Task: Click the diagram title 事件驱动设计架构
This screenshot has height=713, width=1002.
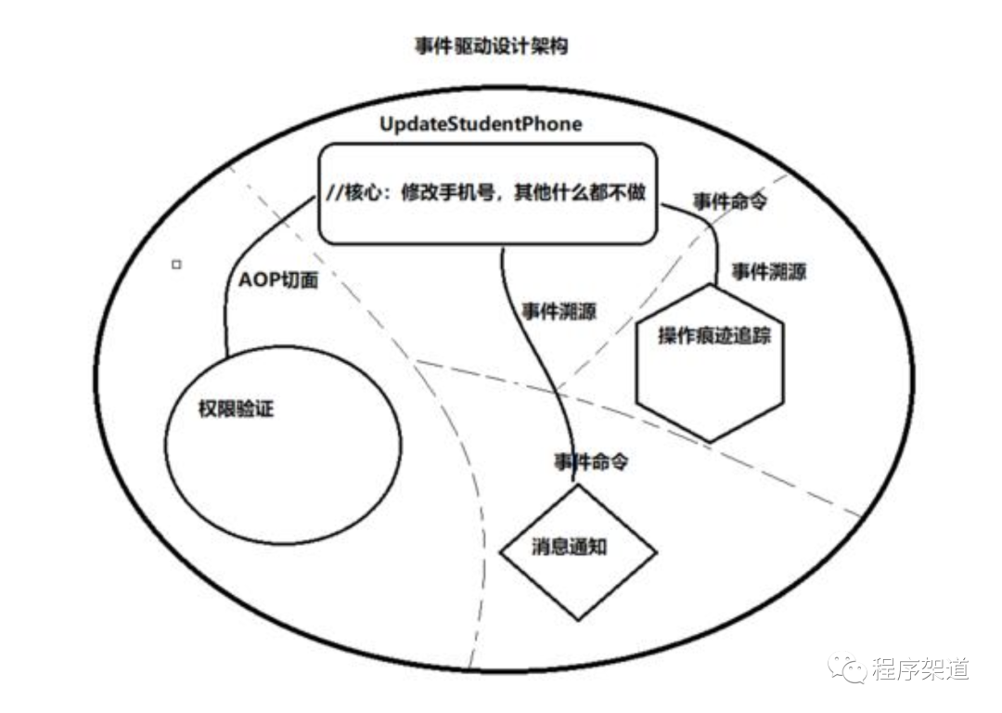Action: pyautogui.click(x=491, y=46)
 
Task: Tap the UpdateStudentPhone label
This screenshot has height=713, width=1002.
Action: pyautogui.click(x=481, y=123)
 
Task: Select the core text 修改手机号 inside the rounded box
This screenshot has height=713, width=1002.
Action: pyautogui.click(x=448, y=192)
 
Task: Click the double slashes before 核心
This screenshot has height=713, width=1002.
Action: pyautogui.click(x=335, y=192)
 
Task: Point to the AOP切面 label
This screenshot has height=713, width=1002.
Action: pyautogui.click(x=278, y=279)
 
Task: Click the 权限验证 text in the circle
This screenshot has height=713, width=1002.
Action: pyautogui.click(x=236, y=408)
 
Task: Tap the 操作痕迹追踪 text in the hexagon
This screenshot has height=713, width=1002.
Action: pyautogui.click(x=714, y=335)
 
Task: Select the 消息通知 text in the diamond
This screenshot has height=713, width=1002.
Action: pyautogui.click(x=570, y=546)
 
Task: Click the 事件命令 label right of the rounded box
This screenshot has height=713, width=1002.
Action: pyautogui.click(x=730, y=202)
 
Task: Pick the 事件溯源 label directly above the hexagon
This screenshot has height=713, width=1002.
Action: pyautogui.click(x=769, y=272)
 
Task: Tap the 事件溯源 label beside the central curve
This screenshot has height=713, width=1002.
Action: pyautogui.click(x=559, y=311)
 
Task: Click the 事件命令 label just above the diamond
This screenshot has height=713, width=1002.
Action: pyautogui.click(x=591, y=461)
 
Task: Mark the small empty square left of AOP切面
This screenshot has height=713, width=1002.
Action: pyautogui.click(x=176, y=264)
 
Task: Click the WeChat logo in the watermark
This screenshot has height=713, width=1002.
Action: pyautogui.click(x=847, y=668)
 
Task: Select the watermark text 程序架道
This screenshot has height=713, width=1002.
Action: pyautogui.click(x=921, y=668)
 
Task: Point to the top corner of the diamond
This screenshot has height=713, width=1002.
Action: pyautogui.click(x=578, y=485)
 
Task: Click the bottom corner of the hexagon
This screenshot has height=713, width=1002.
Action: pyautogui.click(x=710, y=441)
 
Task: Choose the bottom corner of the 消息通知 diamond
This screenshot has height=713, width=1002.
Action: pyautogui.click(x=578, y=619)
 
